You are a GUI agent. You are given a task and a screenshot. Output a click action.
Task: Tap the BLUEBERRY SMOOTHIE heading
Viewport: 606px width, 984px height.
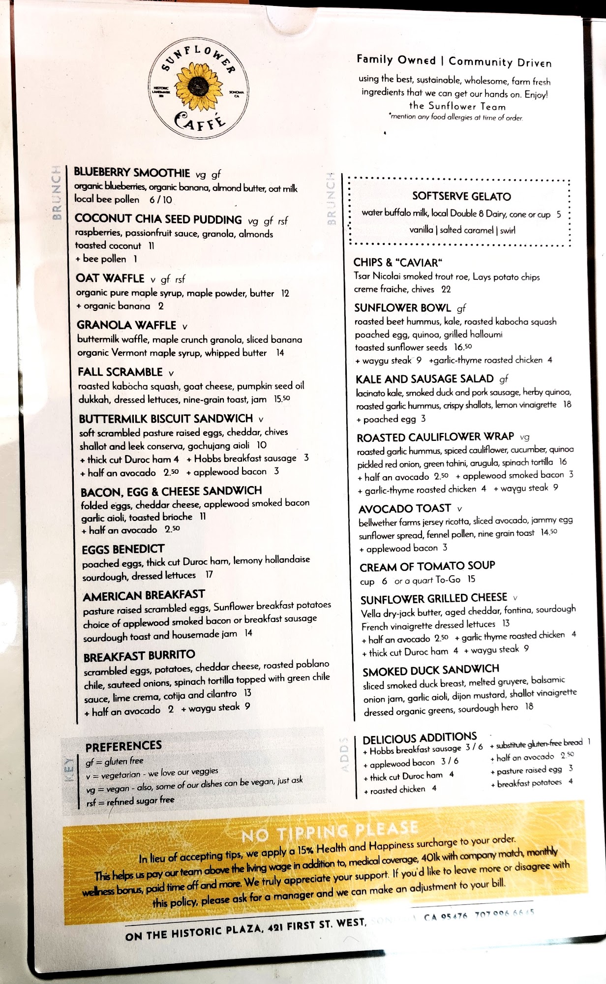pyautogui.click(x=132, y=173)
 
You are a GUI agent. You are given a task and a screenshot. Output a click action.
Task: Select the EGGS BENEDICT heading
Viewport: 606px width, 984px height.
pyautogui.click(x=123, y=549)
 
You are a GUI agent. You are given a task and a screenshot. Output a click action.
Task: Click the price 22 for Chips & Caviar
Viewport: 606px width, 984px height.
pyautogui.click(x=446, y=289)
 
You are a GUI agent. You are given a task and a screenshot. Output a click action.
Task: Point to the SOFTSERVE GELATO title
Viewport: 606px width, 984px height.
pyautogui.click(x=461, y=196)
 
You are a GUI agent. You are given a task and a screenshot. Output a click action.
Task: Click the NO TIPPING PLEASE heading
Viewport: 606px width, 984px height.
pyautogui.click(x=330, y=831)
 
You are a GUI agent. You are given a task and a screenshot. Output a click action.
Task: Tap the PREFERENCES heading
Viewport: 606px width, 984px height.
pyautogui.click(x=123, y=746)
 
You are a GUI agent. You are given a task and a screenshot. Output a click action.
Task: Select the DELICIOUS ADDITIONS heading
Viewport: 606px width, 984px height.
pyautogui.click(x=420, y=738)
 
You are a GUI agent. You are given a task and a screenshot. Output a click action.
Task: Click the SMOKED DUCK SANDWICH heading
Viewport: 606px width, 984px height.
pyautogui.click(x=430, y=671)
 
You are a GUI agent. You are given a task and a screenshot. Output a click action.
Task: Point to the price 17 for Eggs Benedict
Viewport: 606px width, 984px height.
pyautogui.click(x=209, y=575)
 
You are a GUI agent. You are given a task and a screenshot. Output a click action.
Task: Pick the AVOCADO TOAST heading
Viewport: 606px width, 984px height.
pyautogui.click(x=404, y=509)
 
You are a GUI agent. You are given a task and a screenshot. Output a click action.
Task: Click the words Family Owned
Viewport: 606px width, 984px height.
pyautogui.click(x=396, y=60)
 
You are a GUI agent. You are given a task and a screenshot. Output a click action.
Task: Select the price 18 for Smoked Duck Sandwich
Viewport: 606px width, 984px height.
pyautogui.click(x=529, y=707)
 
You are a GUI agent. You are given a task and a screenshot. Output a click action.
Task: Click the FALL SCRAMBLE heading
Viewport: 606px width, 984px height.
pyautogui.click(x=120, y=372)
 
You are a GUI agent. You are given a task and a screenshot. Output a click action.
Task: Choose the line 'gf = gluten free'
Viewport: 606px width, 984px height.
pyautogui.click(x=114, y=762)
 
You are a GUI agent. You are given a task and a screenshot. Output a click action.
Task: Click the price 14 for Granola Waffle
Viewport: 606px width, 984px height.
pyautogui.click(x=279, y=353)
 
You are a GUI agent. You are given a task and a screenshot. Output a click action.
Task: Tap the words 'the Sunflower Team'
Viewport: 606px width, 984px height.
pyautogui.click(x=457, y=106)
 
